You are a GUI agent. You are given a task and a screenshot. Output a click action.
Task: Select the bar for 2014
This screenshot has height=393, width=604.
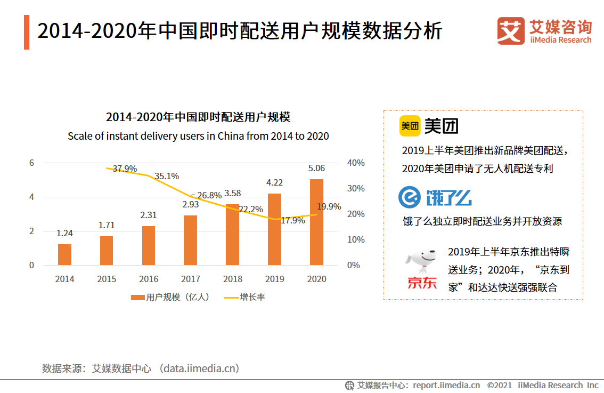tap(64, 254)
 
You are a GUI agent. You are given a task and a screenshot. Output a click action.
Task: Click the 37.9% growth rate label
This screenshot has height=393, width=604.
tap(125, 169)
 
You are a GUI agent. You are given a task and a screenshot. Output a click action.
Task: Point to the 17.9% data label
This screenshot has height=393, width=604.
tap(292, 220)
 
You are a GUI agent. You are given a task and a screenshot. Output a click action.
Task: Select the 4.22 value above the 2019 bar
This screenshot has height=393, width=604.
tap(274, 182)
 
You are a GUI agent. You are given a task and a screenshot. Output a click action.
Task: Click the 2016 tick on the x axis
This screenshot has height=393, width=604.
tap(149, 279)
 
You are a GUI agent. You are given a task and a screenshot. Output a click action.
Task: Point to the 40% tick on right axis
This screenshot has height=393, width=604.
tap(355, 163)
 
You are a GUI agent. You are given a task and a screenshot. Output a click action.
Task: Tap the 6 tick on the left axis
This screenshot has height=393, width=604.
tap(31, 163)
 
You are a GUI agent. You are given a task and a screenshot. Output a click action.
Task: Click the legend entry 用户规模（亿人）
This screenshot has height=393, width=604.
tap(170, 297)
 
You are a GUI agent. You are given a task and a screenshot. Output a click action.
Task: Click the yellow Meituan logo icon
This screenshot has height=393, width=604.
tap(410, 126)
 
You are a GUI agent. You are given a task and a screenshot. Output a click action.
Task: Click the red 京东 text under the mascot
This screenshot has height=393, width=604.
tap(422, 283)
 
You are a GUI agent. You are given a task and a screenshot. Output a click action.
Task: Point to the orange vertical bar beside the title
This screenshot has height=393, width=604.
tap(27, 32)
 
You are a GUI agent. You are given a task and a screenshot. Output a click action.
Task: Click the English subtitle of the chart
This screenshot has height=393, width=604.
tap(198, 136)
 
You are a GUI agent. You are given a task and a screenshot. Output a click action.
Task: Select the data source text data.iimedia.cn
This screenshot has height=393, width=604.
tap(200, 368)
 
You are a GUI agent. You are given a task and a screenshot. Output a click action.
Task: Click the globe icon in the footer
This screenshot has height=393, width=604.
tap(349, 385)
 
